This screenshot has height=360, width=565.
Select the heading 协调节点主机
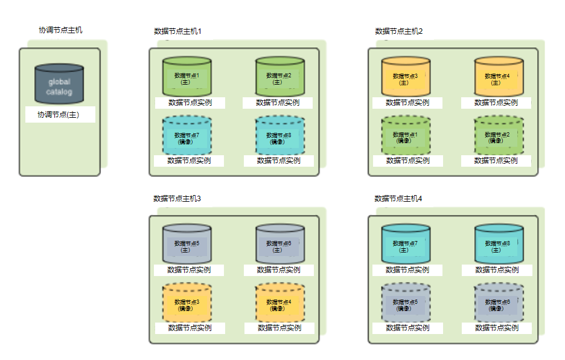coord(60,30)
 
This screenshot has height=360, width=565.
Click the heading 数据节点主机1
coord(177,31)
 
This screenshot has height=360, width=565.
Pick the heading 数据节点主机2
coord(399,31)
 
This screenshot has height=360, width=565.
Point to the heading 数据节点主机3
coord(177,198)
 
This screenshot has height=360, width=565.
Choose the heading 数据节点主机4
coord(399,198)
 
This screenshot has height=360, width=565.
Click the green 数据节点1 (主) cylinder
coord(187,77)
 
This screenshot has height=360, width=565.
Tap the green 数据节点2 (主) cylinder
coord(280,77)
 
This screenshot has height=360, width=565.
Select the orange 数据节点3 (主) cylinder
coord(406,77)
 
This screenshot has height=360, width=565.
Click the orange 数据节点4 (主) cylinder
coord(499,77)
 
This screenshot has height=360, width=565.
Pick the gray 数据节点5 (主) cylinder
coord(187,244)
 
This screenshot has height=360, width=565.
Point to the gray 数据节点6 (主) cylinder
coord(280,244)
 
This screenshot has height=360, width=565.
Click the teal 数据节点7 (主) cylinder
coord(406,244)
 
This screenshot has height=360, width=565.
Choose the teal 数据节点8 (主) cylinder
coord(499,244)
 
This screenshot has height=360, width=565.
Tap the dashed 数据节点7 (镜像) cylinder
coord(187,135)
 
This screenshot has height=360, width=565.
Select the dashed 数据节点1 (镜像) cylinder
coord(406,135)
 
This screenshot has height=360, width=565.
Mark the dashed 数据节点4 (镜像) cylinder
coord(280,303)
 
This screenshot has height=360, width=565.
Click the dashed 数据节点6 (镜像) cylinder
coord(499,303)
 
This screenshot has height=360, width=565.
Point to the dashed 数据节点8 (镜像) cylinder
coord(280,135)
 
